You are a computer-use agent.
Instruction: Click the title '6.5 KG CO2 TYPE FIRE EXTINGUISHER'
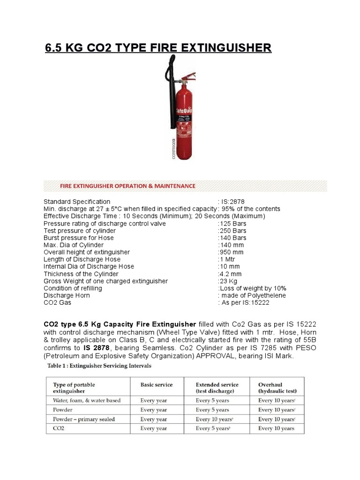click(x=157, y=47)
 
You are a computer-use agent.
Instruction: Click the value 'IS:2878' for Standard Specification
click(x=230, y=202)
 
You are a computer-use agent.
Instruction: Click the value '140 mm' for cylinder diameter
click(x=231, y=245)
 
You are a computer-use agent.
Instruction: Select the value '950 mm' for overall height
click(x=231, y=252)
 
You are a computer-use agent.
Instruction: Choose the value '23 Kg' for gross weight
click(x=228, y=281)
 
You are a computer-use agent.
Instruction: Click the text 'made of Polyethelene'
click(x=253, y=295)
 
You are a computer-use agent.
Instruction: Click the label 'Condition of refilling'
click(x=73, y=288)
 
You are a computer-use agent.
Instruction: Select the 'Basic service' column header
click(x=157, y=385)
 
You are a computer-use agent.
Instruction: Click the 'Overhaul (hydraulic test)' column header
click(x=277, y=388)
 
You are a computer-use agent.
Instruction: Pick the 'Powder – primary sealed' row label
click(x=83, y=419)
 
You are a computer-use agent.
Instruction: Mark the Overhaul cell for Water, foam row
click(x=277, y=400)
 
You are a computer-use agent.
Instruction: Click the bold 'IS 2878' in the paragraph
click(x=96, y=348)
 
